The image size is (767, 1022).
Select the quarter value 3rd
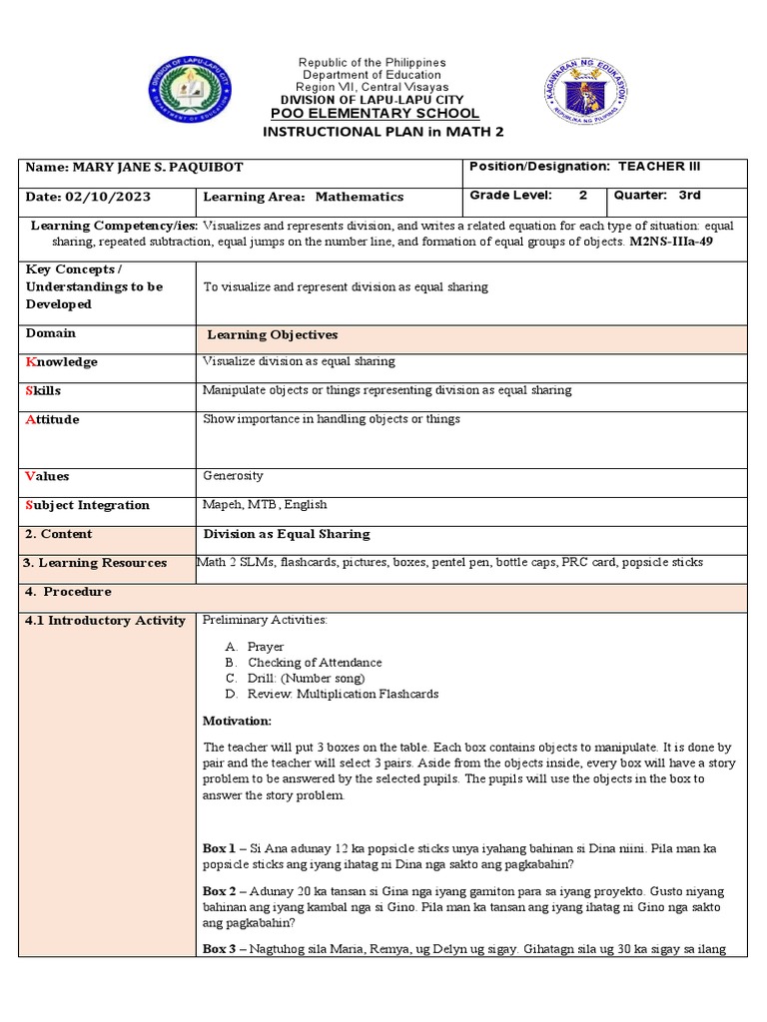[x=690, y=196]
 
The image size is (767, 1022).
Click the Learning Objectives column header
[x=272, y=334]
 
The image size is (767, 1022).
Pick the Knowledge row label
[x=61, y=362]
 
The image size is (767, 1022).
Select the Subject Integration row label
[x=86, y=505]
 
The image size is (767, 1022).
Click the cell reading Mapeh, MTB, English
[x=265, y=504]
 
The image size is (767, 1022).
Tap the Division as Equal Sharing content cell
[x=287, y=534]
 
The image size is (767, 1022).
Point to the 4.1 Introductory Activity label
[x=105, y=621]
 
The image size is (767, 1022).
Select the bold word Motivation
[x=237, y=721]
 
